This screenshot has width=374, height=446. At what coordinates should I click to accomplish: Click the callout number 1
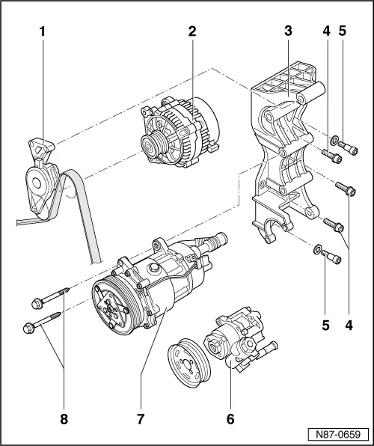click(43, 33)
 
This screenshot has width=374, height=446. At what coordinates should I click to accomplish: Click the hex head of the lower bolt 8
click(30, 326)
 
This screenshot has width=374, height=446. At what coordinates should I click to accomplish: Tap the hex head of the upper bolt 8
click(37, 302)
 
